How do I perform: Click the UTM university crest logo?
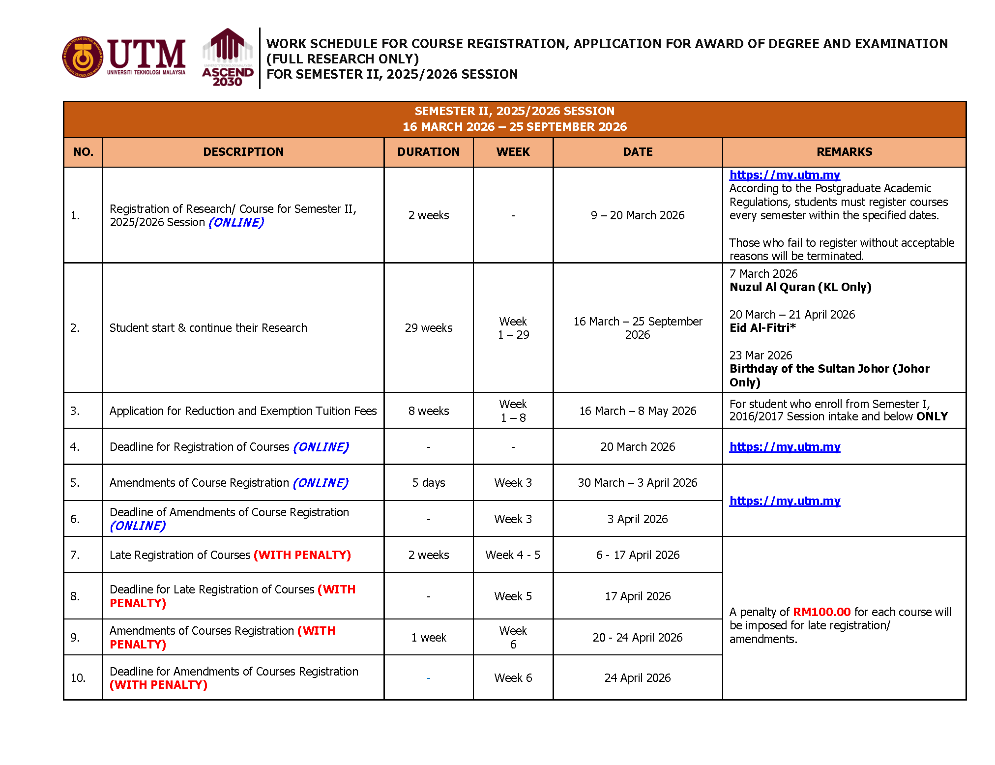pyautogui.click(x=83, y=58)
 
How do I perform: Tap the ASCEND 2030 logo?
pyautogui.click(x=228, y=58)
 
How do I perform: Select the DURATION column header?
pyautogui.click(x=428, y=152)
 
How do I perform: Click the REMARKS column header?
pyautogui.click(x=844, y=152)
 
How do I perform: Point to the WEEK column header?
pyautogui.click(x=513, y=152)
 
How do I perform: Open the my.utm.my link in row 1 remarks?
pyautogui.click(x=784, y=175)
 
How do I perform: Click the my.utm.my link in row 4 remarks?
pyautogui.click(x=784, y=447)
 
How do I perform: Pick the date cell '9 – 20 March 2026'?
pyautogui.click(x=637, y=215)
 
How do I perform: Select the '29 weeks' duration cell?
pyautogui.click(x=428, y=328)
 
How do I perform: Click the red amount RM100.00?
pyautogui.click(x=821, y=612)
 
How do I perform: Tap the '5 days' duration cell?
pyautogui.click(x=428, y=483)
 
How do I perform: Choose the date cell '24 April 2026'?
pyautogui.click(x=637, y=678)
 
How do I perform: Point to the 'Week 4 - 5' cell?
pyautogui.click(x=513, y=555)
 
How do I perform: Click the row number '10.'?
pyautogui.click(x=78, y=678)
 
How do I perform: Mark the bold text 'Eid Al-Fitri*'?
pyautogui.click(x=762, y=328)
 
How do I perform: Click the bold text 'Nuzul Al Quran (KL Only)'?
pyautogui.click(x=800, y=287)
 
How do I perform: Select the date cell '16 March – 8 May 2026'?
pyautogui.click(x=637, y=411)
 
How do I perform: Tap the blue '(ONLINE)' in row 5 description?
pyautogui.click(x=321, y=483)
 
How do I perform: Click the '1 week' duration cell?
pyautogui.click(x=428, y=638)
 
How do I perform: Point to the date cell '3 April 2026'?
pyautogui.click(x=637, y=519)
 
